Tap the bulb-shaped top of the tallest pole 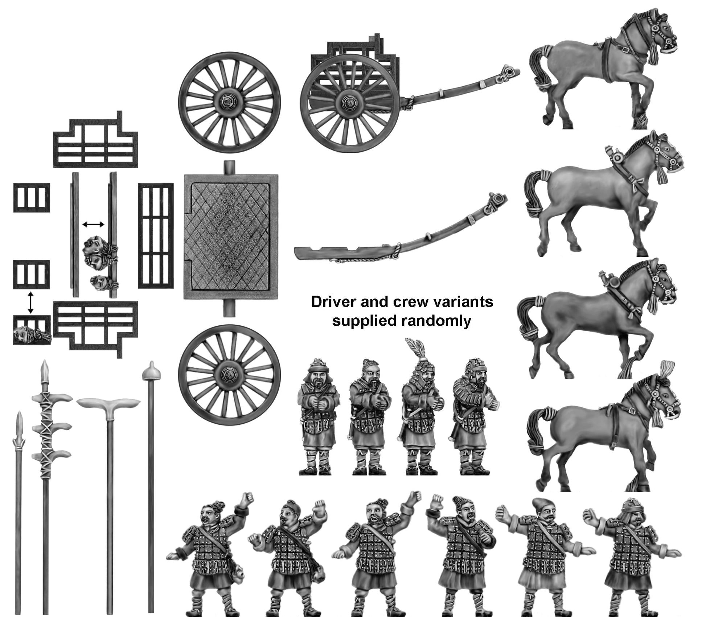click(151, 371)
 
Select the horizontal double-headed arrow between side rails click(93, 225)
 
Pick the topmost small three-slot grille click(31, 198)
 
